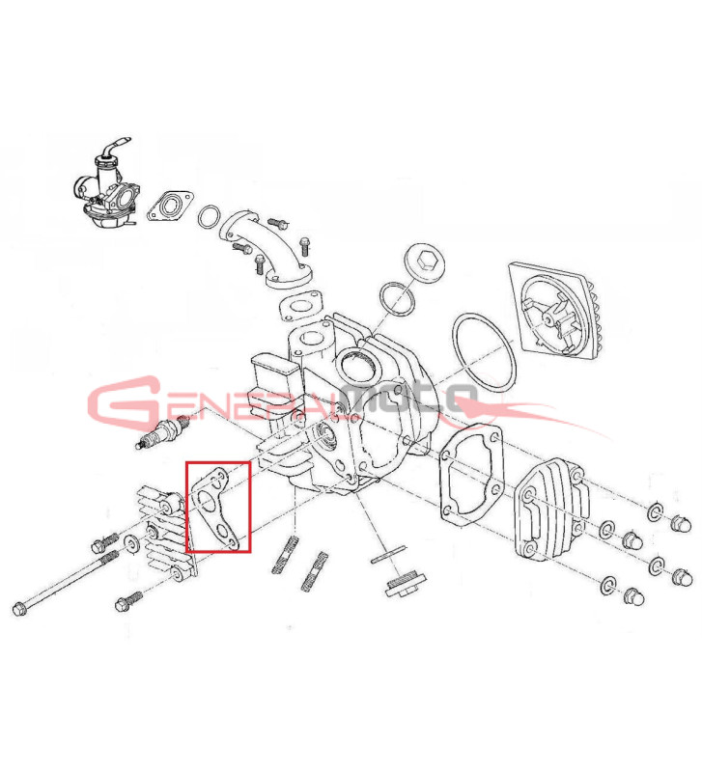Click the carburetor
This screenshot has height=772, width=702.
point(107,189)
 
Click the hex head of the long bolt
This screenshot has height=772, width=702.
point(19,609)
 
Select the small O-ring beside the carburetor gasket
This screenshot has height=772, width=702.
point(210,218)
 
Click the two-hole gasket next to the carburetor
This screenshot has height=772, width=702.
point(171,207)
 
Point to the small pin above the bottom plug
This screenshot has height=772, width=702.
point(389,553)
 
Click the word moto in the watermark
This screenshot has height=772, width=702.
point(408,398)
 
